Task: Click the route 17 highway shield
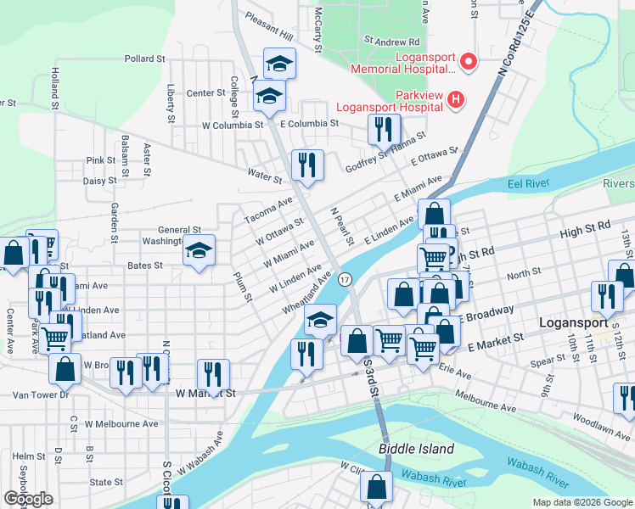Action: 345,279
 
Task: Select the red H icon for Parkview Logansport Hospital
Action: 456,100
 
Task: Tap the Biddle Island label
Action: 416,449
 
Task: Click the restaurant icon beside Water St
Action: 307,164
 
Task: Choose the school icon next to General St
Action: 199,250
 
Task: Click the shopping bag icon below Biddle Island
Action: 375,488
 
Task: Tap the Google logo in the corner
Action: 28,498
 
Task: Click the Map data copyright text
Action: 582,502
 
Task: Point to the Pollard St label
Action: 144,59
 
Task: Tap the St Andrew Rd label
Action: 391,40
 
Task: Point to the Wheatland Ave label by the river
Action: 306,293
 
